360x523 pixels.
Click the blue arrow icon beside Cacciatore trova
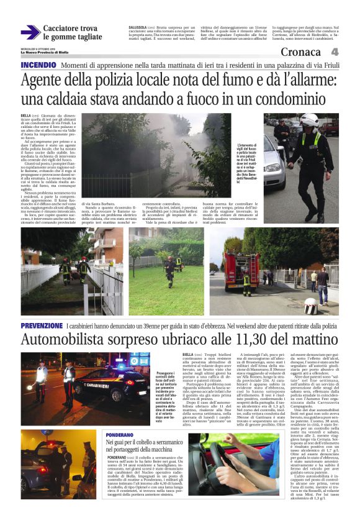[x=30, y=32]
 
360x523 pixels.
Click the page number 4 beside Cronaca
[x=335, y=52]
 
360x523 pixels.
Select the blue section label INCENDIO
[x=38, y=65]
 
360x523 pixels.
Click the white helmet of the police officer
[x=308, y=119]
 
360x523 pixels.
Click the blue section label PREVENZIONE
[x=42, y=325]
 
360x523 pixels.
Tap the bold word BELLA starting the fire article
[x=25, y=116]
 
